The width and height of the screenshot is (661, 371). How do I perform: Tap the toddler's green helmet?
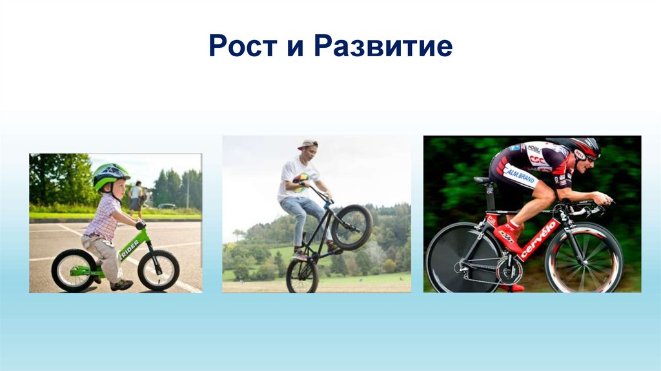coord(110,175)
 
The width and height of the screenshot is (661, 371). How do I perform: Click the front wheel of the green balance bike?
coord(159,270)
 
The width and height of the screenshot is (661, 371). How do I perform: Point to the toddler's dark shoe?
coord(122,284)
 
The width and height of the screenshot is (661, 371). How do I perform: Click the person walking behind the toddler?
coord(136,199)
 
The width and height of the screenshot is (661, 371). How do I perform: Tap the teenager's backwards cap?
coord(308,144)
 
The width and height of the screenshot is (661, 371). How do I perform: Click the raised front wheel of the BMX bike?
coord(352,227)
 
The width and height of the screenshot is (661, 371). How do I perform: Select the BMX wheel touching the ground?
coord(302,276)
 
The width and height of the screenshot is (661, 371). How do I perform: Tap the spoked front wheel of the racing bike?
coord(584,258)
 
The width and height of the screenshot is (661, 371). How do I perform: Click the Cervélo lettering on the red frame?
coord(538,239)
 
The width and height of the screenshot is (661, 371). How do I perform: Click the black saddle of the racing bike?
coord(482,180)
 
